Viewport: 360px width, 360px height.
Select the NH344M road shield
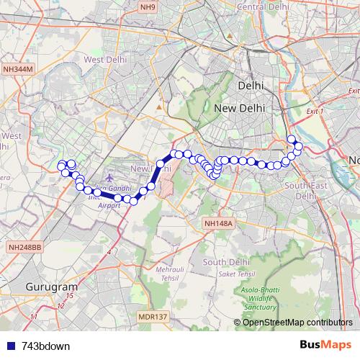tap(19, 68)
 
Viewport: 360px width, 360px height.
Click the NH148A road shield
tap(219, 224)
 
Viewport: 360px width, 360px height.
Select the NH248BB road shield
tap(25, 247)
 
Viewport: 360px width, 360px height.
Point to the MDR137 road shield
tap(152, 316)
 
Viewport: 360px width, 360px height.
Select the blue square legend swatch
tap(12, 346)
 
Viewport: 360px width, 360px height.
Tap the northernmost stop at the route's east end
tap(291, 139)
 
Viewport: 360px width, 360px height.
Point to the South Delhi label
tap(226, 261)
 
